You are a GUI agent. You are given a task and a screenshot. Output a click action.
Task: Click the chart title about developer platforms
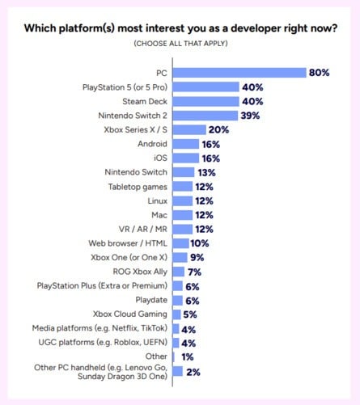pos(180,28)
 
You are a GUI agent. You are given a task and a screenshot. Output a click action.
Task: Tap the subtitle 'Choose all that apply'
pos(180,43)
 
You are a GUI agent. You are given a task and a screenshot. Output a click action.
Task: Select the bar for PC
pos(240,73)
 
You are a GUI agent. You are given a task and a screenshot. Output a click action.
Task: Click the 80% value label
pos(319,73)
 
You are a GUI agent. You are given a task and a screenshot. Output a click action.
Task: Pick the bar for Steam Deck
pos(207,101)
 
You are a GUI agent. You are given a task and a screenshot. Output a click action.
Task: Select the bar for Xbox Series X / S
pos(191,129)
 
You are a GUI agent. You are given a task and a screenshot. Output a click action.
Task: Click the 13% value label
pos(207,172)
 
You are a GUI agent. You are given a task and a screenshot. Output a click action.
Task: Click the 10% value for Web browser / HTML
pos(201,243)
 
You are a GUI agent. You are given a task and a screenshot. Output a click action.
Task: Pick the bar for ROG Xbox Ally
pos(180,272)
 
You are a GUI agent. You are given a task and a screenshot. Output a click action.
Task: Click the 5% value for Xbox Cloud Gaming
pos(190,314)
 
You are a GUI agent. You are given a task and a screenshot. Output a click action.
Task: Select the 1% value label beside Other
pos(187,356)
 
